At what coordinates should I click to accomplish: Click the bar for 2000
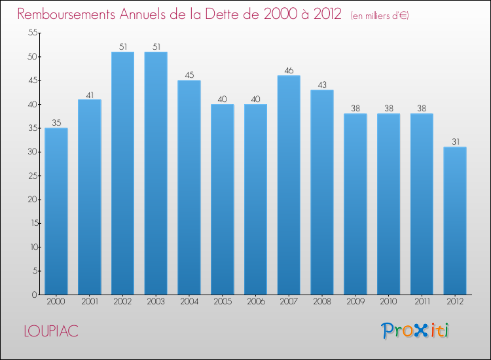pyautogui.click(x=56, y=211)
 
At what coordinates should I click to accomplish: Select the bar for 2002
pyautogui.click(x=122, y=173)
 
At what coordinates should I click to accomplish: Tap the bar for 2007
pyautogui.click(x=289, y=185)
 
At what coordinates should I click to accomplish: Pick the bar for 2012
pyautogui.click(x=455, y=221)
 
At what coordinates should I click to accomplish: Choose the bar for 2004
pyautogui.click(x=189, y=187)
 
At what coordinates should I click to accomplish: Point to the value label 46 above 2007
pyautogui.click(x=289, y=70)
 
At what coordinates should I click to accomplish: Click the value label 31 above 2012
pyautogui.click(x=455, y=141)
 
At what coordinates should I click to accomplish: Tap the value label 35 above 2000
pyautogui.click(x=56, y=122)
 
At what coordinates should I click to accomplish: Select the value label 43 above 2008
pyautogui.click(x=322, y=84)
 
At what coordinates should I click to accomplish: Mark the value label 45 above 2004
pyautogui.click(x=189, y=75)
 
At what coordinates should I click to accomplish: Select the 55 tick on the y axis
pyautogui.click(x=30, y=33)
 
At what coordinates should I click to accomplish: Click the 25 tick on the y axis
pyautogui.click(x=30, y=176)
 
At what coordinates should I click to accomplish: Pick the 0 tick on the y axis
pyautogui.click(x=33, y=295)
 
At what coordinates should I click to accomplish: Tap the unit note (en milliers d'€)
pyautogui.click(x=380, y=15)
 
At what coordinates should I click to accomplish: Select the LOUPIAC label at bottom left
pyautogui.click(x=50, y=331)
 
